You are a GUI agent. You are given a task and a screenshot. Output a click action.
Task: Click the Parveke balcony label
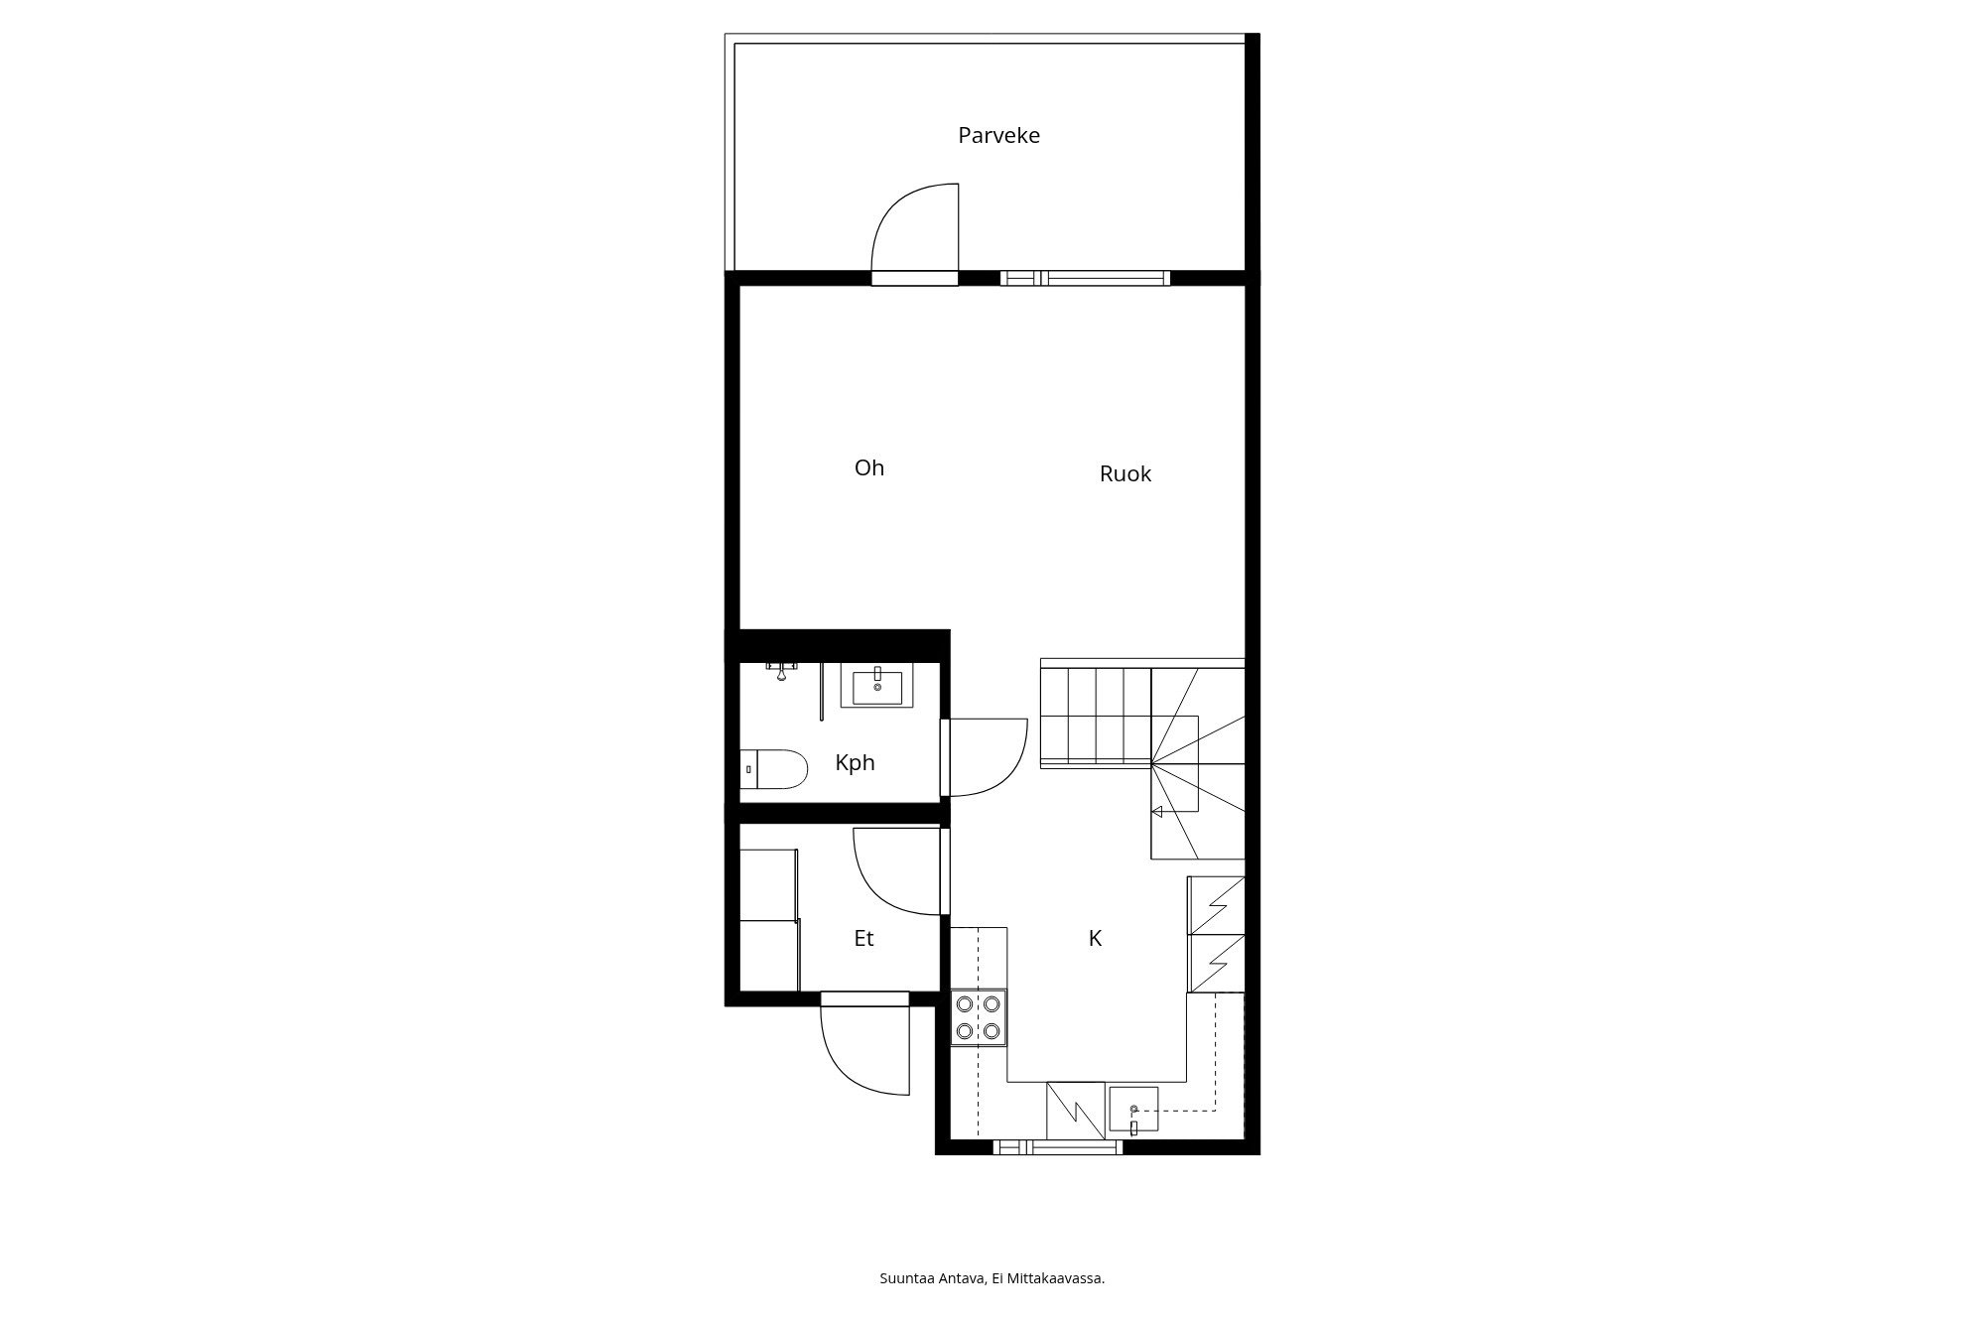(998, 135)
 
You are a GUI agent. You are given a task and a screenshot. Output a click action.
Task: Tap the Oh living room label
(869, 467)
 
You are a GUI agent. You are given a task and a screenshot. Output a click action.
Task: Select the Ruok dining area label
(1125, 473)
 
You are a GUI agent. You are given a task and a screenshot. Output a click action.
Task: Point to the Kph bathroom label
(855, 763)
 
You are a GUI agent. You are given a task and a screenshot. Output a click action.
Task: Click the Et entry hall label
(863, 938)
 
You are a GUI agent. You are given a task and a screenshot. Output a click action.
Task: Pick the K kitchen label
(1096, 938)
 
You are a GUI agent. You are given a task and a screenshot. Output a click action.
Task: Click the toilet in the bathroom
(775, 769)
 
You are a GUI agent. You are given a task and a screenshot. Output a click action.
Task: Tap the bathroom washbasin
(877, 685)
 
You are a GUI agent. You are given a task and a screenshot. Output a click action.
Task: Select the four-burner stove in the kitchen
(978, 1017)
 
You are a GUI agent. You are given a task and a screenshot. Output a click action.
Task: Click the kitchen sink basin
(1133, 1111)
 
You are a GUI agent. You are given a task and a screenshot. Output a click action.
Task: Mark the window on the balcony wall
(1085, 278)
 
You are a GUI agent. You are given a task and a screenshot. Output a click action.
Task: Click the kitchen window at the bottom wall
(1058, 1147)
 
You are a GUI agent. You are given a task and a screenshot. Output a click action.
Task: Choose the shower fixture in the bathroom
(782, 671)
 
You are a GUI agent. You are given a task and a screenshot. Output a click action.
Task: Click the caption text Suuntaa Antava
(933, 1278)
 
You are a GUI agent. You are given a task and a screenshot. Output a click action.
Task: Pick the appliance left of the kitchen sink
(1076, 1111)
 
